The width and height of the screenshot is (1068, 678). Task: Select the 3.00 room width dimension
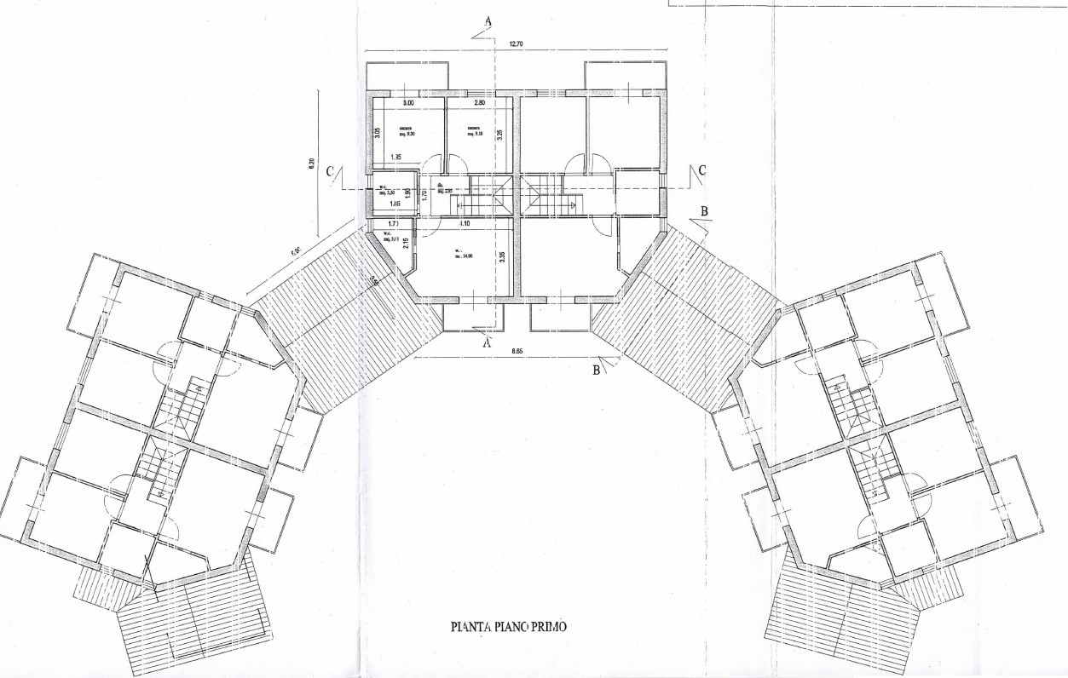point(408,103)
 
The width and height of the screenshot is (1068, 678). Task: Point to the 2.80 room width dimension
point(479,103)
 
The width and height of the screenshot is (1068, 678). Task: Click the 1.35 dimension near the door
point(395,158)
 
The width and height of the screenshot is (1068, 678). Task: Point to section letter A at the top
point(487,20)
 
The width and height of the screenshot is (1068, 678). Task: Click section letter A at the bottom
point(487,343)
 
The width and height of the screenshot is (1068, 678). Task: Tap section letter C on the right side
point(701,170)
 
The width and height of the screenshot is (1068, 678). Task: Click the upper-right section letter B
point(705,210)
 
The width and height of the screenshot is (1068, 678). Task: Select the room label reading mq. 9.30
point(406,134)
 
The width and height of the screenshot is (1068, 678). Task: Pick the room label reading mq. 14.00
point(463,256)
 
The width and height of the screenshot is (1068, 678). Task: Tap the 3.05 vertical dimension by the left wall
point(378,133)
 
